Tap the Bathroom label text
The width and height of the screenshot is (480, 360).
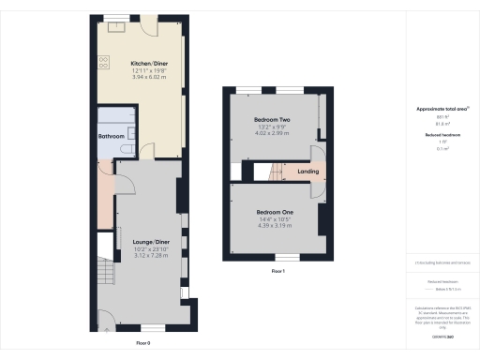point(112,136)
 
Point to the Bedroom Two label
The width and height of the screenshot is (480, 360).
point(273,121)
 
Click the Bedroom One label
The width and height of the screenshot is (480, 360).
point(275,212)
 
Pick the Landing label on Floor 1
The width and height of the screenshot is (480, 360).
point(307,172)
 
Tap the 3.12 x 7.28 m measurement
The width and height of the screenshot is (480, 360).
point(151,255)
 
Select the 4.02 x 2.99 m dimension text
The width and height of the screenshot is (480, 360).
point(273,134)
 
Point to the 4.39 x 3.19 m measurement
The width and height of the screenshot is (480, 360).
point(275,226)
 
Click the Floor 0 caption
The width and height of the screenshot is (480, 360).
point(142,343)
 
